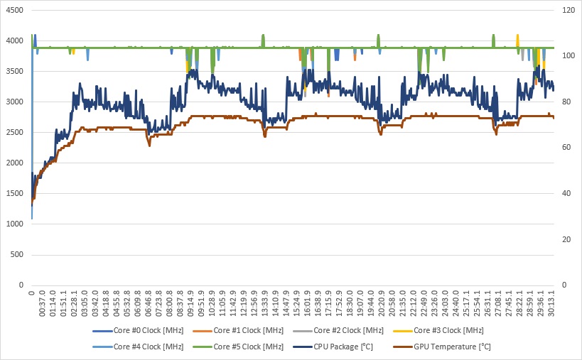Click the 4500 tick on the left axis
point(15,11)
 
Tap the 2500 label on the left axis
point(15,133)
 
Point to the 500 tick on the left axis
point(18,254)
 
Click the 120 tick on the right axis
point(568,11)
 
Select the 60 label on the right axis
point(566,148)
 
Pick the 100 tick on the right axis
point(568,56)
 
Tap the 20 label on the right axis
point(566,239)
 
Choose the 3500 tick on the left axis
point(15,72)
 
